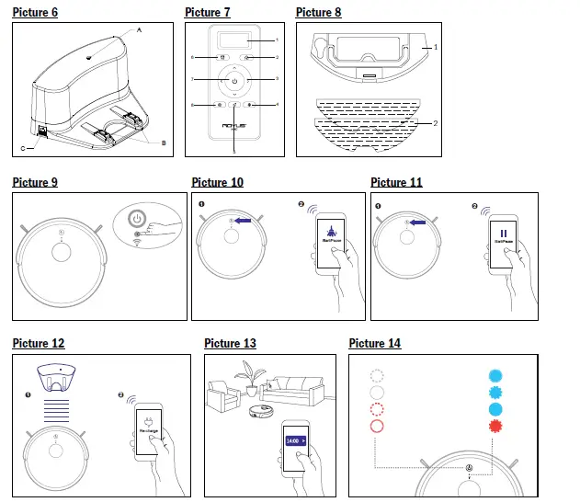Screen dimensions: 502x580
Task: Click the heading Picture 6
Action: pyautogui.click(x=35, y=12)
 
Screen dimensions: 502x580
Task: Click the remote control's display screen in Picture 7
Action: pyautogui.click(x=235, y=40)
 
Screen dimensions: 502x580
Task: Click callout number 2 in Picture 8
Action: pyautogui.click(x=436, y=121)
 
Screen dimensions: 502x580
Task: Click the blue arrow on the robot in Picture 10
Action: pyautogui.click(x=244, y=221)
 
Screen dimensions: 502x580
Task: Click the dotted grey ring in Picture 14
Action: pyautogui.click(x=377, y=376)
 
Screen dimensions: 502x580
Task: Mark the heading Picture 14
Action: pyautogui.click(x=374, y=343)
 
